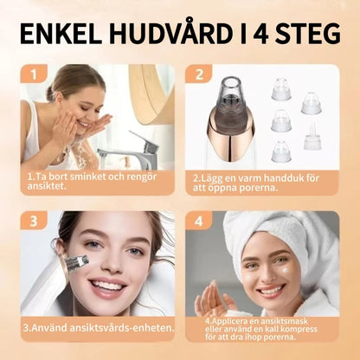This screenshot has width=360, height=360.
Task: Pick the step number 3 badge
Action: click(32, 221)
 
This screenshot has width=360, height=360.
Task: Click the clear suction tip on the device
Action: click(230, 90)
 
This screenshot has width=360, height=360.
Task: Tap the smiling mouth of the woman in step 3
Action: click(106, 285)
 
